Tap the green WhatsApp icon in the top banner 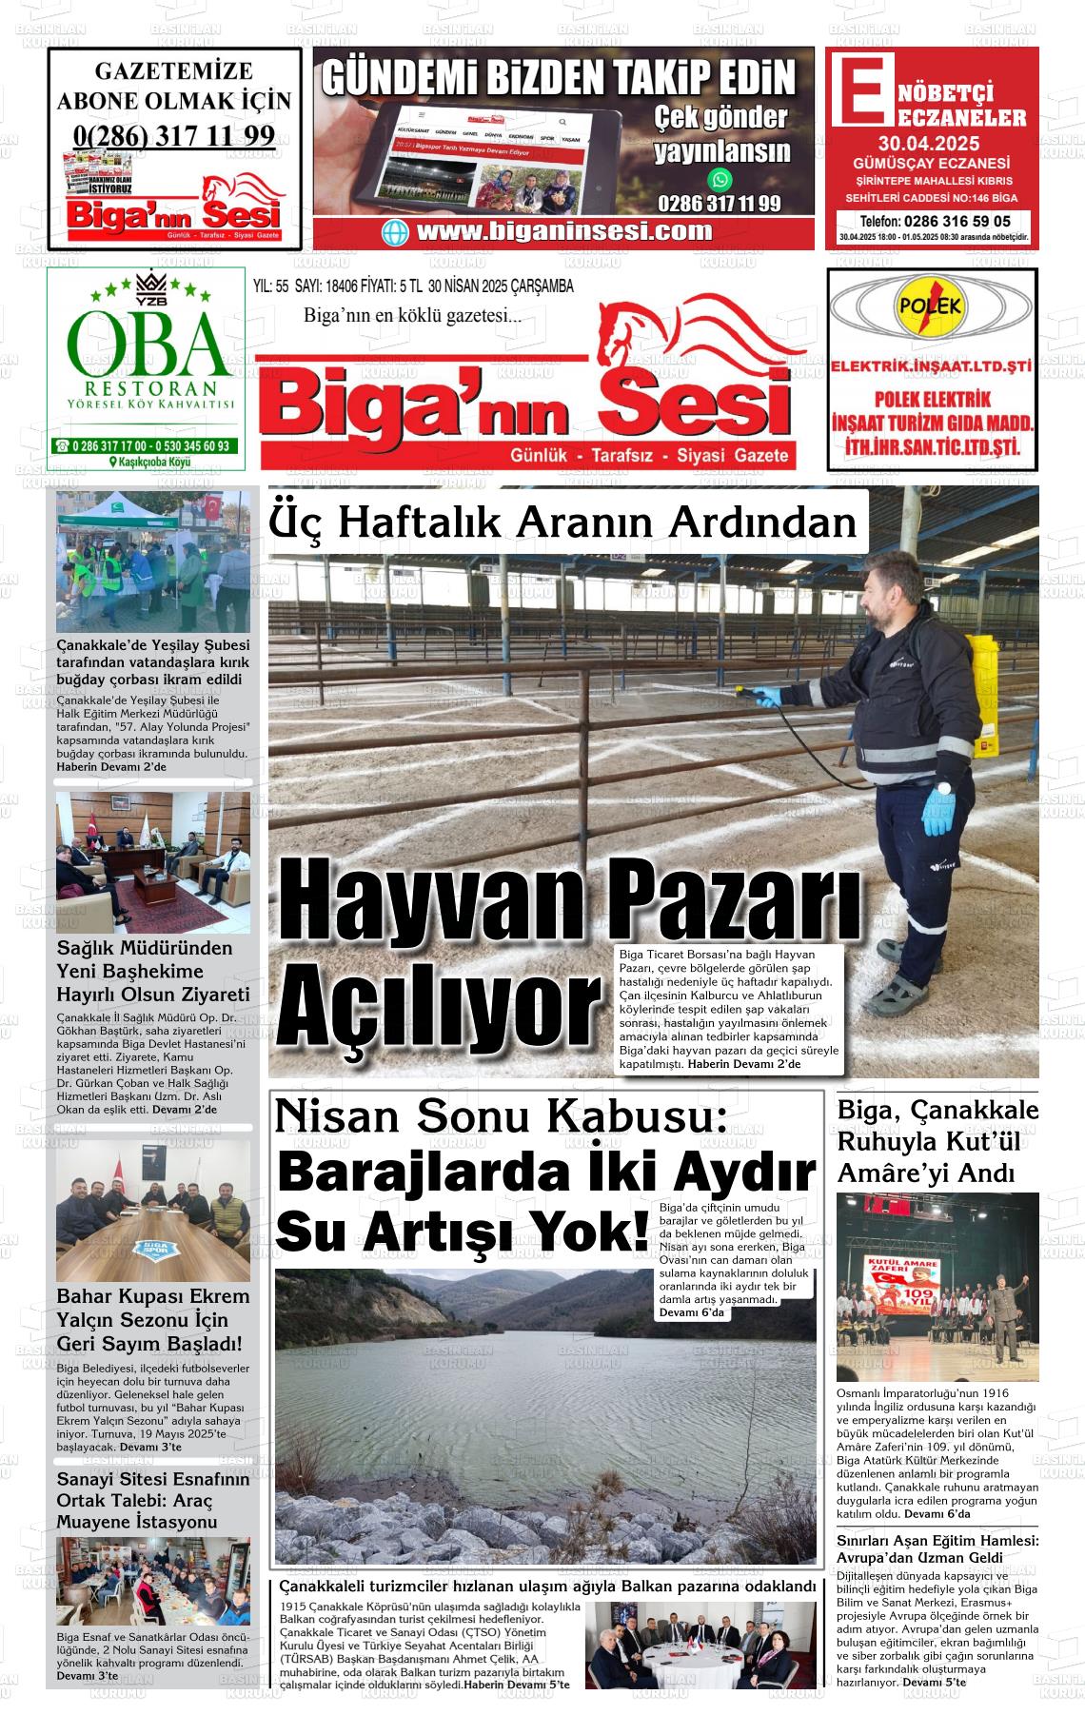(720, 179)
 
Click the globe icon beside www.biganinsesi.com (394, 232)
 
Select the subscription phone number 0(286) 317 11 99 (173, 135)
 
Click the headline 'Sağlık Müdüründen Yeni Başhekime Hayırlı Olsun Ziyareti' (152, 971)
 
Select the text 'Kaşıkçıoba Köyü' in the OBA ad (150, 462)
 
